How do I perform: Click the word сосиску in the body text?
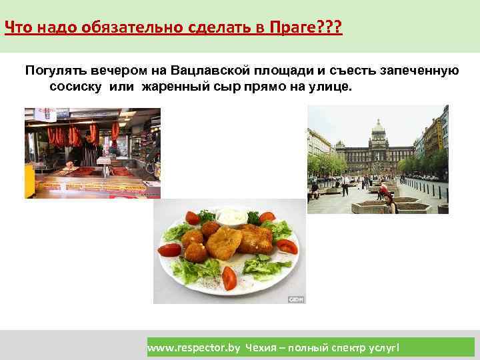(74, 87)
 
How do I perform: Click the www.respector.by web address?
(193, 347)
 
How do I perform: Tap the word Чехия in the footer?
(262, 347)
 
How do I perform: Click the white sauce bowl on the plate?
(230, 216)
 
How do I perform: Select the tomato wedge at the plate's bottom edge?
(229, 277)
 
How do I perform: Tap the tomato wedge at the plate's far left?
(171, 251)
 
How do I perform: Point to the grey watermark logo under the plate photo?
(297, 299)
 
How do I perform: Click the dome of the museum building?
(378, 127)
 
